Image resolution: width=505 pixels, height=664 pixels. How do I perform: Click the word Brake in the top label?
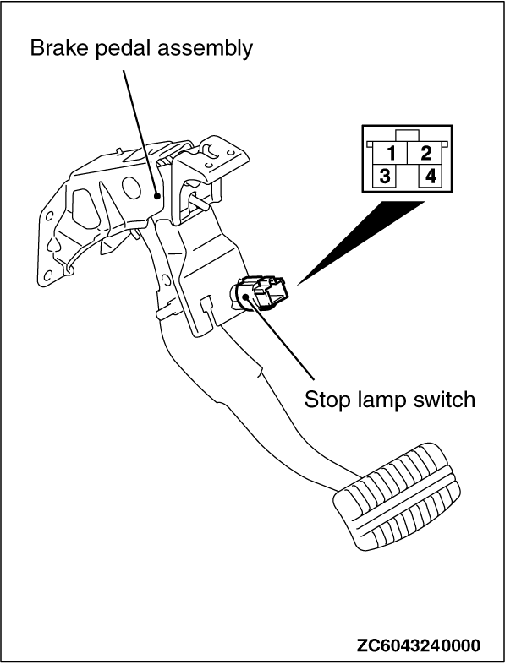click(60, 47)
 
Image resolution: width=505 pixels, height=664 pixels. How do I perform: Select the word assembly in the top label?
click(206, 50)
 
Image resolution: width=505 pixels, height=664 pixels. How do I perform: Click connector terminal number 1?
click(392, 153)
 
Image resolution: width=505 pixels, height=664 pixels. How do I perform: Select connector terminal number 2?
click(425, 153)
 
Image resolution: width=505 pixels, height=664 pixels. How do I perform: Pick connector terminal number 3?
click(385, 177)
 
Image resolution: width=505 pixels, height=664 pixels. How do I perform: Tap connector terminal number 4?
click(431, 177)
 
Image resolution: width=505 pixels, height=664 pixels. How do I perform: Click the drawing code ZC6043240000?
click(419, 645)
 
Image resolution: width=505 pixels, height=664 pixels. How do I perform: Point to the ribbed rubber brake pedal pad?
click(398, 496)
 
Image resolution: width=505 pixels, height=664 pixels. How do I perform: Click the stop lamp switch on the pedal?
click(259, 292)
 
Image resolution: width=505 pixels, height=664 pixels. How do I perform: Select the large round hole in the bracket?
click(130, 187)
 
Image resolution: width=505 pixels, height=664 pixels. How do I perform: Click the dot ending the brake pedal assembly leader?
click(157, 196)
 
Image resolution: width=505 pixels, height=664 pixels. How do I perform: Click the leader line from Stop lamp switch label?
click(280, 337)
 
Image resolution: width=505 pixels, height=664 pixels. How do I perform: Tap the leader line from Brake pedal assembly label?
click(140, 133)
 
